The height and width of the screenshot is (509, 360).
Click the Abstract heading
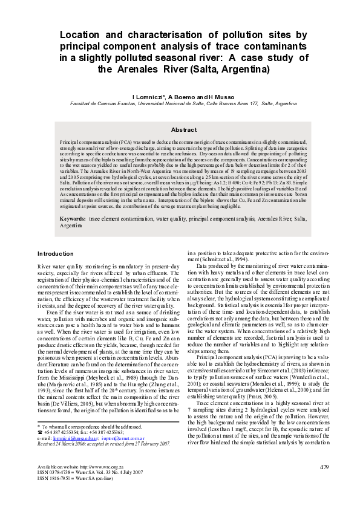(184, 130)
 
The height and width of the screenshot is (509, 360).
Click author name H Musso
(220, 96)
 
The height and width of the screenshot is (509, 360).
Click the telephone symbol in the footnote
(39, 432)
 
